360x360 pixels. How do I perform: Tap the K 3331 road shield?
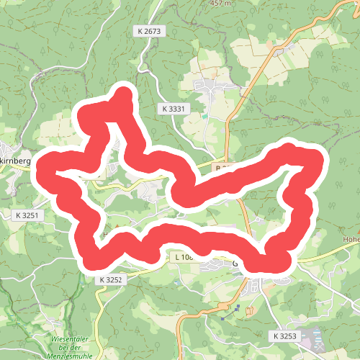[174, 108]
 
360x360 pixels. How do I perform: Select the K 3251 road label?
[29, 215]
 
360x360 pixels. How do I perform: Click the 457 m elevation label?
[220, 4]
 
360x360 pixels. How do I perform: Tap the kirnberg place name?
[15, 161]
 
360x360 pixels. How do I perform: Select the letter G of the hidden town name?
[235, 264]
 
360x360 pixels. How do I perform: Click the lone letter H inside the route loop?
[105, 235]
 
